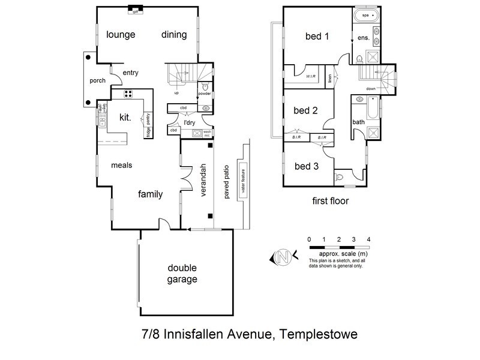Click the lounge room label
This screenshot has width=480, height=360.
point(121,34)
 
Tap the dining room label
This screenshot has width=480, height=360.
point(175,34)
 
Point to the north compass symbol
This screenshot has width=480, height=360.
point(283,257)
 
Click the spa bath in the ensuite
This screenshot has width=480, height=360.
point(365,14)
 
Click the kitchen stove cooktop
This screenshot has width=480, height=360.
point(128,93)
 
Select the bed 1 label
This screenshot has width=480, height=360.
point(317,36)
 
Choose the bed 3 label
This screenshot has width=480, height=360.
point(306,166)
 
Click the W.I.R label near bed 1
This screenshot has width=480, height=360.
point(311,77)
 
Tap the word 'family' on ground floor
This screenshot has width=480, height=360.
point(151,194)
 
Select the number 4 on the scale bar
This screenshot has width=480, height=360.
point(368,239)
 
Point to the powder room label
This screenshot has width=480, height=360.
point(205,93)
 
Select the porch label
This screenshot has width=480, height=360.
point(98,80)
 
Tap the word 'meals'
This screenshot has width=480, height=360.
point(121,165)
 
